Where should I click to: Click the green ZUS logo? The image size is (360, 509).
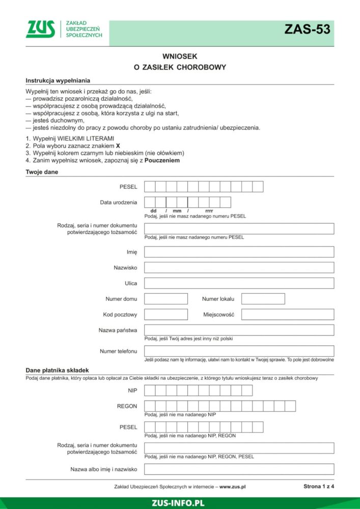point(41,29)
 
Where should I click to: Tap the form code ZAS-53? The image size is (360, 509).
point(307,30)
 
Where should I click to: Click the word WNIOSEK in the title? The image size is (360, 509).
point(180,56)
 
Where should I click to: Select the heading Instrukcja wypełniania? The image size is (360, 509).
point(58,81)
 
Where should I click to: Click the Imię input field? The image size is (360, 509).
point(239,252)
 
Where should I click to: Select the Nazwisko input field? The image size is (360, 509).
point(239,268)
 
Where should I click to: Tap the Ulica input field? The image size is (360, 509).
point(239,283)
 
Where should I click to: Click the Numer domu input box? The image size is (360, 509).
point(166,299)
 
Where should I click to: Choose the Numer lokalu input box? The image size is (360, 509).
point(263,299)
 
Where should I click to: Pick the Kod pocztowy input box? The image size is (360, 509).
point(166,315)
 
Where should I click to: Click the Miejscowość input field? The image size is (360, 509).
point(287,315)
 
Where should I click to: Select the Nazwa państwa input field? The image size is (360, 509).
point(239,330)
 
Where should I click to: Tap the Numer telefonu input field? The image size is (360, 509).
point(239,351)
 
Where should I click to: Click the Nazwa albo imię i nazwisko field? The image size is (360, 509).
point(239,469)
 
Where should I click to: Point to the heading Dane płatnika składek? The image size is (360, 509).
point(57,370)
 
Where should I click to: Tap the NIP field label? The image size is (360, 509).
point(132,390)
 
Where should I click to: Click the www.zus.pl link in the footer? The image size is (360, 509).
point(232,487)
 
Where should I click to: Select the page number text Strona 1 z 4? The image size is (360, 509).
point(318,486)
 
